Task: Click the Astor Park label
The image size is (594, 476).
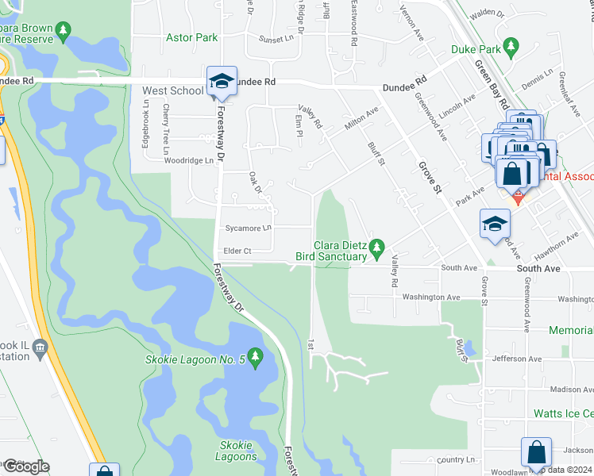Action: tap(191, 36)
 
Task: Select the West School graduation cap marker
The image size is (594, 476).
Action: tap(222, 80)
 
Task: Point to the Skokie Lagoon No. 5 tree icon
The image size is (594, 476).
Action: tap(255, 358)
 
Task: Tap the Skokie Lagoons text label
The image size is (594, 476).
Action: tap(237, 451)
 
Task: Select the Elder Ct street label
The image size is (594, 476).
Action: tap(237, 251)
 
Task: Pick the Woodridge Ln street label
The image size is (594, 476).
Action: tap(189, 159)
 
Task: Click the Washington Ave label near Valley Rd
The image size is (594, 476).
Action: tap(431, 297)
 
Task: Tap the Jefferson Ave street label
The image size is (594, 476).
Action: tap(517, 359)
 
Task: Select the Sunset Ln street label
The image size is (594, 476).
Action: tap(276, 37)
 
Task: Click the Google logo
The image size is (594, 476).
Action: tap(25, 466)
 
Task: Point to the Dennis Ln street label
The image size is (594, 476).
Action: tap(537, 83)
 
